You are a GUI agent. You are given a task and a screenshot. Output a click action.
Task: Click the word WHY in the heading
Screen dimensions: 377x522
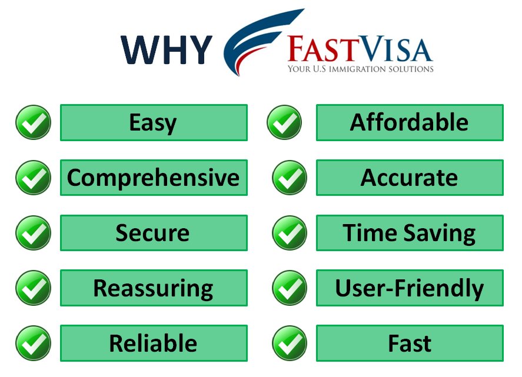pos(167,49)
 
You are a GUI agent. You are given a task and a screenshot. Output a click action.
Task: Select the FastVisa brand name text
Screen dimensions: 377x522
pos(360,50)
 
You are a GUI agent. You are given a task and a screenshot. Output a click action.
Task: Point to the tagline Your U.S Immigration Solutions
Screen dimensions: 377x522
pos(360,69)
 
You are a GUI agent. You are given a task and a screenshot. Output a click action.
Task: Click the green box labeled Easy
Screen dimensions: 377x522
pos(154,122)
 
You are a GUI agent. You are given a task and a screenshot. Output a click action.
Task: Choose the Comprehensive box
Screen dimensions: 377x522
pos(154,178)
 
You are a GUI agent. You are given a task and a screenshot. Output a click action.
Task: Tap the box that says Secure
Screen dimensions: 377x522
pos(154,233)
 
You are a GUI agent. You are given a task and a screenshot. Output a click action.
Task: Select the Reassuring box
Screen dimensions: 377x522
pos(154,288)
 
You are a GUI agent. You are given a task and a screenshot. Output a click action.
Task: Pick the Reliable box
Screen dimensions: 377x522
pos(154,343)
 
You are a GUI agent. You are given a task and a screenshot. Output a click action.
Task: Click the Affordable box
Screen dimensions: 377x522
pos(410,122)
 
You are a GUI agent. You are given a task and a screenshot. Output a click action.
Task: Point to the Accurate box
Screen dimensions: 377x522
pos(410,178)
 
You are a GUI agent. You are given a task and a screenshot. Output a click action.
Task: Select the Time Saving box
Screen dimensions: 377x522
pos(410,233)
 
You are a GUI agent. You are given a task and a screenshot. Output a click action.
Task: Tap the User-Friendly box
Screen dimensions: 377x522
pos(410,288)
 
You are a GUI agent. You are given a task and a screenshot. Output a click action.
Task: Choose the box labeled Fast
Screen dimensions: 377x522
pos(410,343)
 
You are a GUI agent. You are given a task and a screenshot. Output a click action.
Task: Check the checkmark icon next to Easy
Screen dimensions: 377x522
pos(33,122)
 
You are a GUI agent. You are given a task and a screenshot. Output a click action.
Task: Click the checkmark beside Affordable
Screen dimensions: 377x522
pos(284,122)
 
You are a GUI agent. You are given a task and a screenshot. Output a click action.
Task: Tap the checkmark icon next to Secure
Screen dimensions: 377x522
pos(33,233)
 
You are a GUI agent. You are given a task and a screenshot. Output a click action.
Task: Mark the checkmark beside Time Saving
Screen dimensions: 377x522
pos(289,233)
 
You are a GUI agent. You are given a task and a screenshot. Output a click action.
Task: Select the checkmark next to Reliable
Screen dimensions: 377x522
pos(33,343)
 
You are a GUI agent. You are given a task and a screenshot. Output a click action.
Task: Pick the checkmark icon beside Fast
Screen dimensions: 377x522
pos(289,343)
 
